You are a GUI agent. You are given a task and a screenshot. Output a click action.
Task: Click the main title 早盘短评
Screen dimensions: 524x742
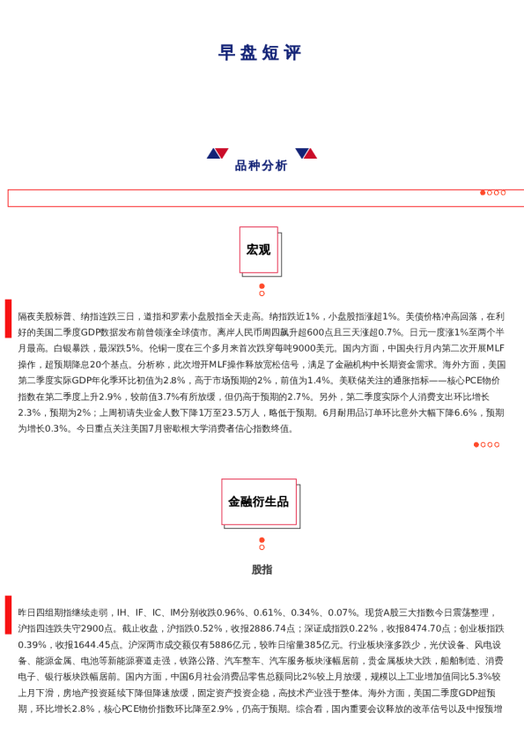tap(261, 53)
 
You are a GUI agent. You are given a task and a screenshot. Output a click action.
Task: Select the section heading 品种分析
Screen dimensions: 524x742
tap(261, 166)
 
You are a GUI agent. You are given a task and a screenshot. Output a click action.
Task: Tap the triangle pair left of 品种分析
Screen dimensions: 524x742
tap(218, 153)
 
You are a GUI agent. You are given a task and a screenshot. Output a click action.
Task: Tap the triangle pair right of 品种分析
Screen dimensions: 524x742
tap(306, 153)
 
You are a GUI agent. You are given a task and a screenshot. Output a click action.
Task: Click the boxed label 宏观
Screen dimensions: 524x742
tap(258, 250)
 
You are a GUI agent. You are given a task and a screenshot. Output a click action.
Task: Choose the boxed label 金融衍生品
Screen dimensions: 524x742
tap(258, 501)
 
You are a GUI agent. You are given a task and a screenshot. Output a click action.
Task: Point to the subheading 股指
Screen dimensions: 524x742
tap(262, 570)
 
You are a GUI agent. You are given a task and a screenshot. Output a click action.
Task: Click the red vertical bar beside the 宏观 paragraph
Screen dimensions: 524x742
tap(8, 318)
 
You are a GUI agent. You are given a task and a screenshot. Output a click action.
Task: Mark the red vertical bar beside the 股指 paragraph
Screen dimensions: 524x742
tap(8, 614)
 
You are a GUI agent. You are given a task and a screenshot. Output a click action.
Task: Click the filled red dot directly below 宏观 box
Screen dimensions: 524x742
tap(262, 286)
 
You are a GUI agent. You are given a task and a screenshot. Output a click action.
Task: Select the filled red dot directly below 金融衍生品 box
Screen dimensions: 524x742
tap(262, 539)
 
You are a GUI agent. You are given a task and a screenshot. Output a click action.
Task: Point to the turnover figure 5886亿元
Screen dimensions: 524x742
tap(232, 644)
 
